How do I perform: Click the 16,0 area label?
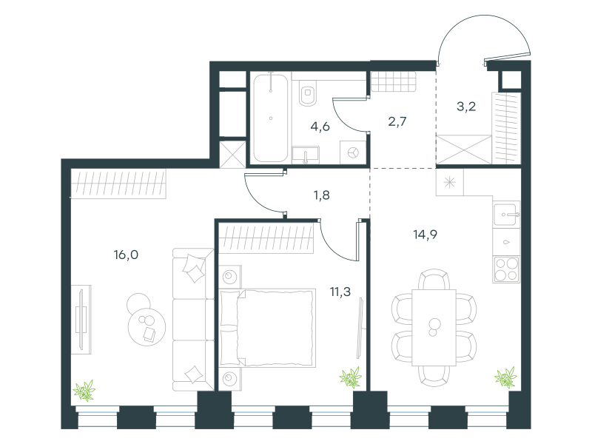point(126,255)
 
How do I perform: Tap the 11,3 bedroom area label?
point(340,292)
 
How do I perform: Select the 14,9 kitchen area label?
point(425,235)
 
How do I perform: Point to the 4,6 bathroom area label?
point(320,127)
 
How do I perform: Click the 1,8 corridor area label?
point(321,195)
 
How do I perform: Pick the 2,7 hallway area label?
point(397,121)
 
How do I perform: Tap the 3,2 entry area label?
point(466,107)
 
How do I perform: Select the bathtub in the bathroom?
point(271,118)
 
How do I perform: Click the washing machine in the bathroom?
point(353,152)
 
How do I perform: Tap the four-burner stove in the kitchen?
point(506,269)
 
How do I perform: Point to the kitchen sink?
point(506,215)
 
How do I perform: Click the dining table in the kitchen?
point(434,327)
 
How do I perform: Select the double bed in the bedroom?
point(267,328)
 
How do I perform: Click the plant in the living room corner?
point(84,391)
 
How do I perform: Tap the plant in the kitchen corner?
point(505,377)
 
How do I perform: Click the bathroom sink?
point(305,155)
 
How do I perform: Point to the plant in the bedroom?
point(351,377)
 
